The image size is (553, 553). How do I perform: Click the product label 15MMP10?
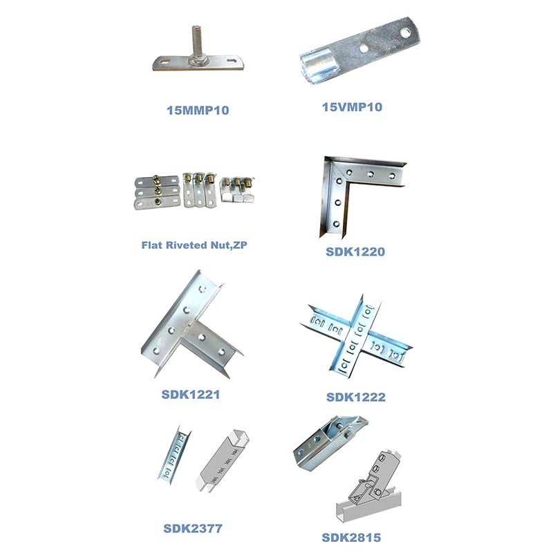(x=198, y=110)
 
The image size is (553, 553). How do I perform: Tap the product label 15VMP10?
(x=352, y=107)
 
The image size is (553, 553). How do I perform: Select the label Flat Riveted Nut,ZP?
(x=194, y=245)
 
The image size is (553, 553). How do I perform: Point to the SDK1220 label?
(x=355, y=252)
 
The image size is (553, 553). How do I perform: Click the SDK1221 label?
(x=191, y=394)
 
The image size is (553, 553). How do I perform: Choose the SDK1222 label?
(x=355, y=397)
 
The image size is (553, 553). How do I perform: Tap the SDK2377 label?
(x=193, y=528)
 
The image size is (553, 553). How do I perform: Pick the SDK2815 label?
(x=351, y=538)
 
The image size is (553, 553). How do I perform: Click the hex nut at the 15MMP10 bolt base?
(x=197, y=61)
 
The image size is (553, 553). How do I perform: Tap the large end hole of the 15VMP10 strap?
(x=405, y=32)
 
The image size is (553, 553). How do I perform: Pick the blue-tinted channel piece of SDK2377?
(x=174, y=454)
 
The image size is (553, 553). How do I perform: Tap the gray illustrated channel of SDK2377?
(x=222, y=460)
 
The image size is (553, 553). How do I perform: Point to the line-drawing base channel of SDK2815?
(x=368, y=508)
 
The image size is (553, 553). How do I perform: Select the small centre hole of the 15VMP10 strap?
(x=364, y=48)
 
